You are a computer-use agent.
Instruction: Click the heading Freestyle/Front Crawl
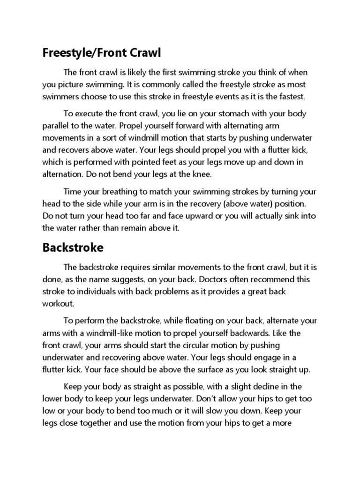(x=102, y=53)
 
